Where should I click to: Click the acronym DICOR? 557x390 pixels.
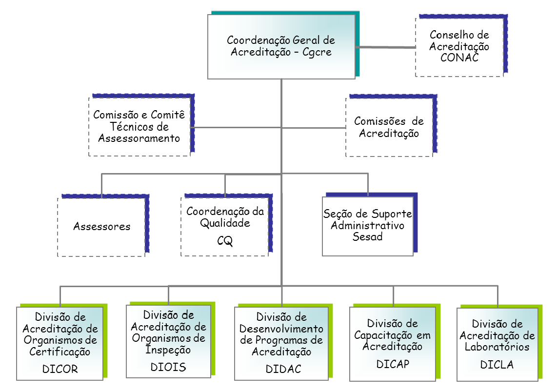pos(60,369)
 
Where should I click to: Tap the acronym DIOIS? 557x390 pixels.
pos(168,367)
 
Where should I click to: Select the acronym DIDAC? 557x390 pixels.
pos(283,369)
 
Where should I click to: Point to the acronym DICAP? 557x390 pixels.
pos(393,364)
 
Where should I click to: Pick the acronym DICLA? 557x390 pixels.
pos(497,365)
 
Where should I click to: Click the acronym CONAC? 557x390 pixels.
pos(459,58)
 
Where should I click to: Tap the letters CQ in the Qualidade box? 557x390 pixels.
pos(225,241)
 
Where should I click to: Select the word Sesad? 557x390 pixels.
pos(367,236)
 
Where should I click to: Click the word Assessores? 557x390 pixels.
pos(102,227)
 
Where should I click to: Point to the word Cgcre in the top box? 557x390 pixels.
pos(317,52)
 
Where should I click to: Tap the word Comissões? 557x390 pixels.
pos(380,121)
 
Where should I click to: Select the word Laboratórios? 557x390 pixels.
pos(497,347)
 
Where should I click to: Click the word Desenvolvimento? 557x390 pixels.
pos(281,329)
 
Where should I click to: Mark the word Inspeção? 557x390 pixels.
pos(168,350)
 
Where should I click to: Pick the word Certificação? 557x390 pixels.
pos(60,352)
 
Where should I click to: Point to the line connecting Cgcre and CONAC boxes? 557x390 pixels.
pos(385,47)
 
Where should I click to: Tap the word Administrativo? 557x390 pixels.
pos(368,226)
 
